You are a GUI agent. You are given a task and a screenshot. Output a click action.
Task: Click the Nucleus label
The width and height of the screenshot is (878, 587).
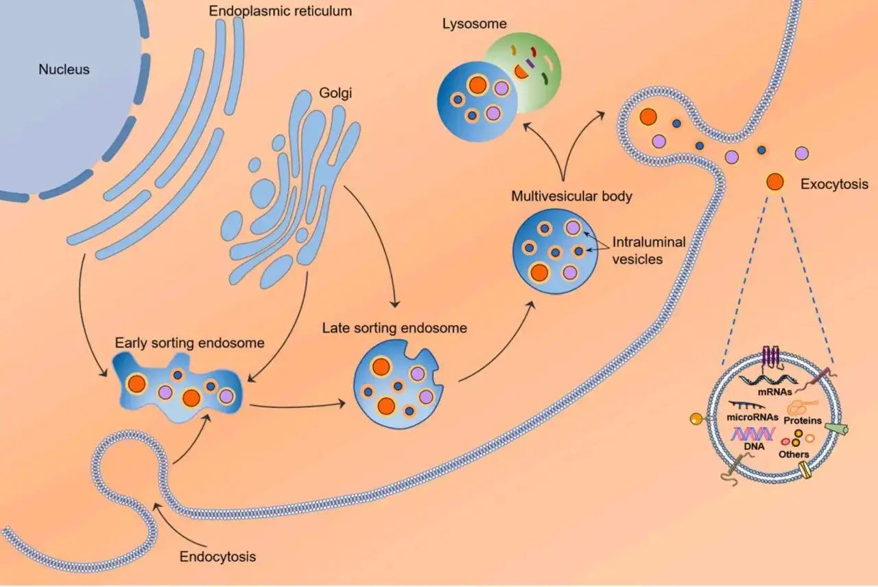pyautogui.click(x=64, y=69)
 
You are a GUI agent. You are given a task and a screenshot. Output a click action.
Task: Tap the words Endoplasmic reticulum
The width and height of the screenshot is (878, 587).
pyautogui.click(x=281, y=12)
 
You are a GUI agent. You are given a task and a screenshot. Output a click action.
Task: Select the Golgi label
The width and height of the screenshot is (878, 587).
pyautogui.click(x=335, y=93)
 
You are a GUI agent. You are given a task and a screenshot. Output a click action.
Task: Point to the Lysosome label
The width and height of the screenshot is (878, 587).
pyautogui.click(x=474, y=24)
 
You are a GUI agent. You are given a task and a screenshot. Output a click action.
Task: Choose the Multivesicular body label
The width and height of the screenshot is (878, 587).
pyautogui.click(x=571, y=196)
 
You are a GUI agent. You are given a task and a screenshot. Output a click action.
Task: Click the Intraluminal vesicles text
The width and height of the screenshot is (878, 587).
pyautogui.click(x=649, y=251)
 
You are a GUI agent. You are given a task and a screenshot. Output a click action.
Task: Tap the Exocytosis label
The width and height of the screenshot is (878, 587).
pyautogui.click(x=834, y=184)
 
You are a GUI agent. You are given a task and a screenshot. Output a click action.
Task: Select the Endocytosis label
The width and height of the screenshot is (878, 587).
pyautogui.click(x=217, y=556)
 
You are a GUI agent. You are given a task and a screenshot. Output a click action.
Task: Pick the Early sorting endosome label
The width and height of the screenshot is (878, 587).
pyautogui.click(x=189, y=343)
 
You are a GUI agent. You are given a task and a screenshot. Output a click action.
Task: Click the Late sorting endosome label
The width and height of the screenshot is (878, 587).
pyautogui.click(x=394, y=328)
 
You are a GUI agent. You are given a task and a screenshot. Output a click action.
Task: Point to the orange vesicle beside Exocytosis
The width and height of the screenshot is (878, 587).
pyautogui.click(x=774, y=182)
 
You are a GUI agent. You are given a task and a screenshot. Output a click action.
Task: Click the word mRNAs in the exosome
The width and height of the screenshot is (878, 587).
pyautogui.click(x=774, y=391)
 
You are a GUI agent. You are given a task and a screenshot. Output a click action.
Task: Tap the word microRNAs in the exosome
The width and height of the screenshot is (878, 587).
pyautogui.click(x=752, y=417)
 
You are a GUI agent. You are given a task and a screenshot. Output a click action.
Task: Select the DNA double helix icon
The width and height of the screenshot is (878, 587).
pyautogui.click(x=752, y=434)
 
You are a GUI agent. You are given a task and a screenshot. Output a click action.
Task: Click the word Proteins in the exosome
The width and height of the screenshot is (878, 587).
pyautogui.click(x=803, y=421)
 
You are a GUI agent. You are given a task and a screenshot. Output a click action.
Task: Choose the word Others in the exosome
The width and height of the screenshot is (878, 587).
pyautogui.click(x=794, y=454)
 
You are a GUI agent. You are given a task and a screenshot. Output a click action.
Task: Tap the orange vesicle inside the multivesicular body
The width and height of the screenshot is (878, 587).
pyautogui.click(x=539, y=273)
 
